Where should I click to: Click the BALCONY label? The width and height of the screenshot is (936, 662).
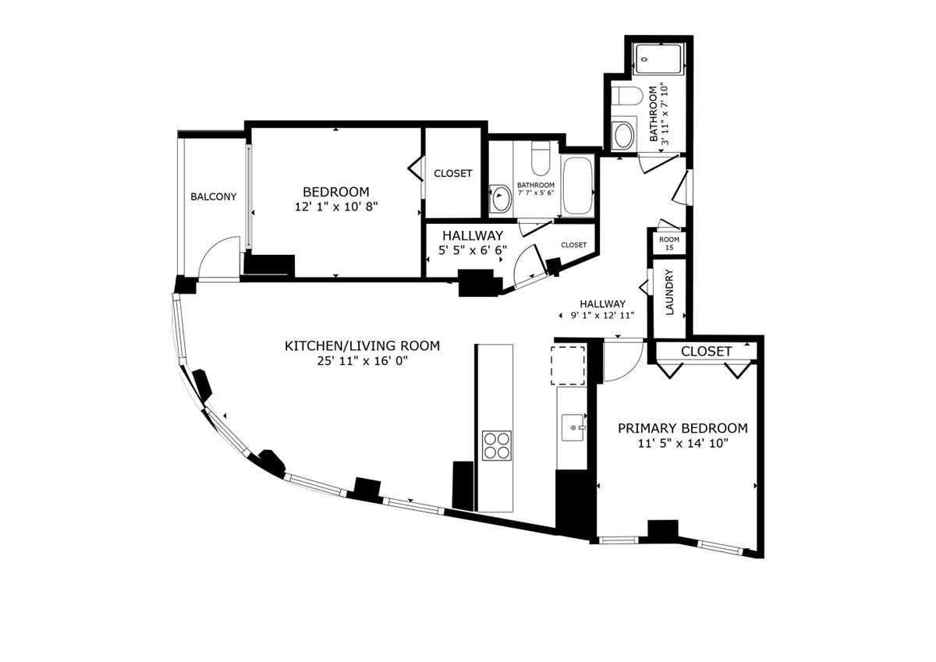(213, 197)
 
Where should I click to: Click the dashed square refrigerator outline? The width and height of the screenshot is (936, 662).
(569, 365)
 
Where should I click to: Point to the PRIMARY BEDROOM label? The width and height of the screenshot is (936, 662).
(682, 428)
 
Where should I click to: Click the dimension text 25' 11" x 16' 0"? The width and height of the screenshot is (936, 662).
(362, 361)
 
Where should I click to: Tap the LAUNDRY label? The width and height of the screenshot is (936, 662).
(669, 292)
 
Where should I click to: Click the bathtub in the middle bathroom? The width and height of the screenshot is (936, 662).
(577, 186)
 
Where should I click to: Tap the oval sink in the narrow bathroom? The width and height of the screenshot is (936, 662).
(624, 136)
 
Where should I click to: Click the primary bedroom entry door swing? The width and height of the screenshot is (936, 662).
(622, 361)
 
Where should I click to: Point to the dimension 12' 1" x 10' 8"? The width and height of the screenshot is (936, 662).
(335, 207)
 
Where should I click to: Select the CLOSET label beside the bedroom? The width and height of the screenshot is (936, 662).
(452, 173)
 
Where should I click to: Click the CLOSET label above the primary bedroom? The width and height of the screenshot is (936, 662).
(706, 352)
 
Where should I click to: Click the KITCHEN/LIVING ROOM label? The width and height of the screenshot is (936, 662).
(362, 345)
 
